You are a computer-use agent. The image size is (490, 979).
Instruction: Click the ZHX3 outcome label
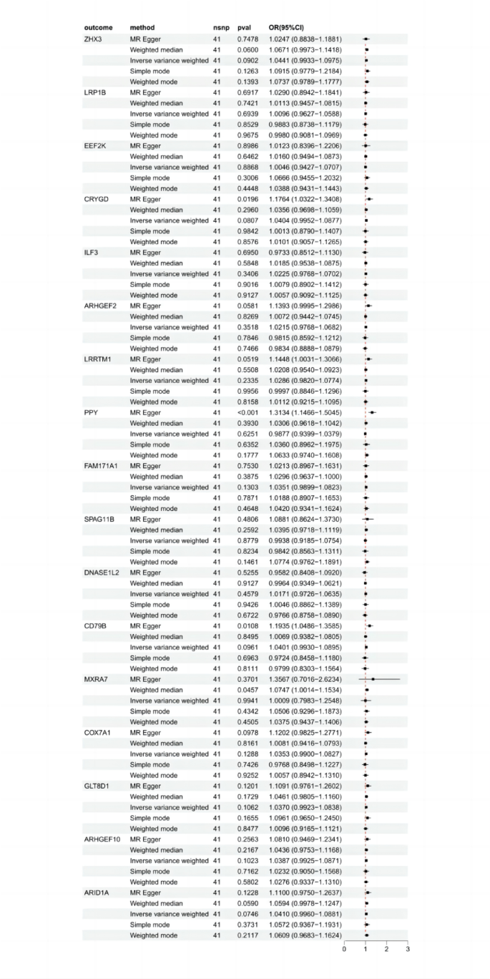pyautogui.click(x=93, y=39)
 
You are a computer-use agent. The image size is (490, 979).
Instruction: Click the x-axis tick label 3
pyautogui.click(x=408, y=950)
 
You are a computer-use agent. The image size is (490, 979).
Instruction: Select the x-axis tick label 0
pyautogui.click(x=344, y=950)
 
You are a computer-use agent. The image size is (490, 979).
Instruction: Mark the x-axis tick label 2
pyautogui.click(x=386, y=950)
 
